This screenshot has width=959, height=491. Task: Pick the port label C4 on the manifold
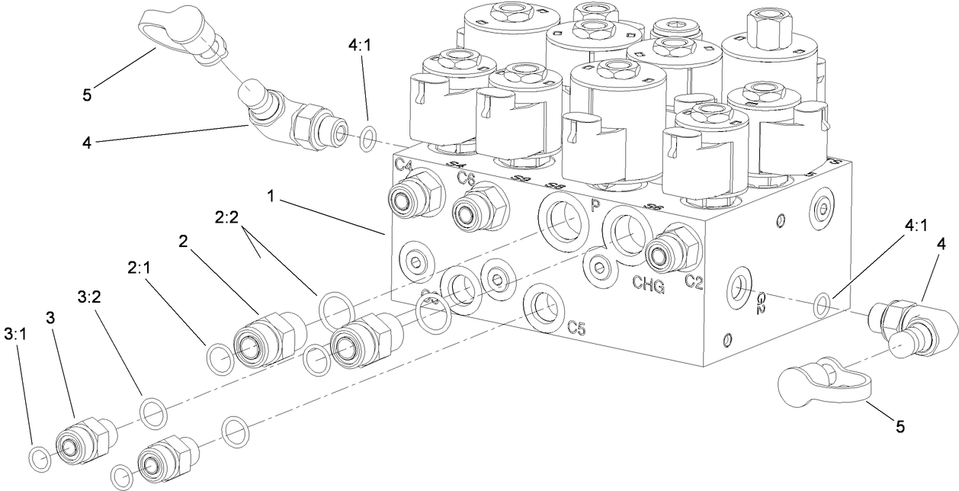pyautogui.click(x=404, y=164)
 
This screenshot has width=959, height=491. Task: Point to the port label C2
pyautogui.click(x=694, y=282)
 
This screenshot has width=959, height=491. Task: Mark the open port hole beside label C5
pyautogui.click(x=543, y=306)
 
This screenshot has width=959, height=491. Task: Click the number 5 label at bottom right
pyautogui.click(x=900, y=427)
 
